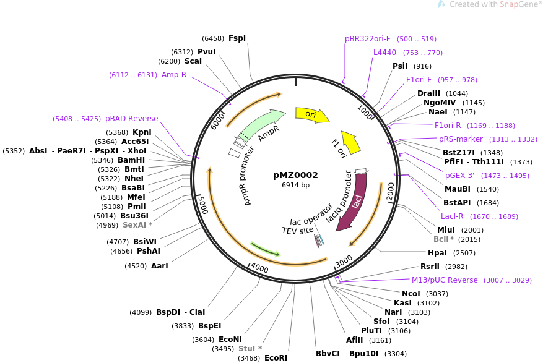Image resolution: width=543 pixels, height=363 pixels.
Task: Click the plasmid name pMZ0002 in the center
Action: coord(295,175)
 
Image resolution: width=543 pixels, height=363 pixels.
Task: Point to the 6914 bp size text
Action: coord(295,185)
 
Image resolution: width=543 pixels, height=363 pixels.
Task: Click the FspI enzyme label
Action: coord(237,38)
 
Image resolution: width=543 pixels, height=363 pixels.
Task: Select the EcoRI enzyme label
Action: coord(276,358)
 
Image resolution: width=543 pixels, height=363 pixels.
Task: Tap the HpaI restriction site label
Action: coord(437,253)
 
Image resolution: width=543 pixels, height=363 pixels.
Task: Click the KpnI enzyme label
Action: coord(142,132)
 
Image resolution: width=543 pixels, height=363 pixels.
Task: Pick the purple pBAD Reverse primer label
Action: coord(131,119)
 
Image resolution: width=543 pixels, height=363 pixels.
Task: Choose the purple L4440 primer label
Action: coord(384,53)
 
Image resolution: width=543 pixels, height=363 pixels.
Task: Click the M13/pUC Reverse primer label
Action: coord(445,280)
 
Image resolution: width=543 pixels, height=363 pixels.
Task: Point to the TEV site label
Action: coord(297,231)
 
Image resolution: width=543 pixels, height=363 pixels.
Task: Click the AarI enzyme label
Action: coord(160,266)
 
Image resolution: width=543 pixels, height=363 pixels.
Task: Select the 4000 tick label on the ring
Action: coord(259,269)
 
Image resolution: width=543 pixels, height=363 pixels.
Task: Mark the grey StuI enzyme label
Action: coord(250,349)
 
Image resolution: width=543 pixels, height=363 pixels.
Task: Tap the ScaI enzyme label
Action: coord(193,61)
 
